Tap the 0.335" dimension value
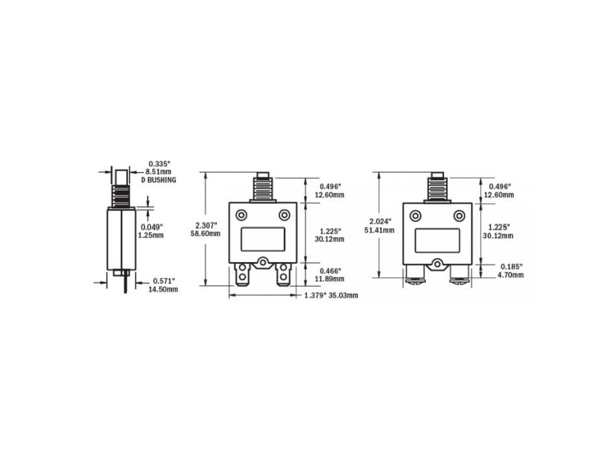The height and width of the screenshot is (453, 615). tap(159, 164)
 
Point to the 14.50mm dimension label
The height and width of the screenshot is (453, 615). tap(163, 289)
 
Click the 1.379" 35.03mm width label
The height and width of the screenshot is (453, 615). tap(331, 295)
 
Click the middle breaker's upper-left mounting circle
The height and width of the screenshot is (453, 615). tap(241, 215)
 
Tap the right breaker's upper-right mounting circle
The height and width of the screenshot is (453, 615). tap(459, 215)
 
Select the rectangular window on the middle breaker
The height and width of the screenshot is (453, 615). tap(263, 239)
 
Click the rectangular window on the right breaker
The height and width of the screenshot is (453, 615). tap(437, 239)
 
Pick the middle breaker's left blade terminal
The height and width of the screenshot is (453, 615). tap(242, 278)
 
